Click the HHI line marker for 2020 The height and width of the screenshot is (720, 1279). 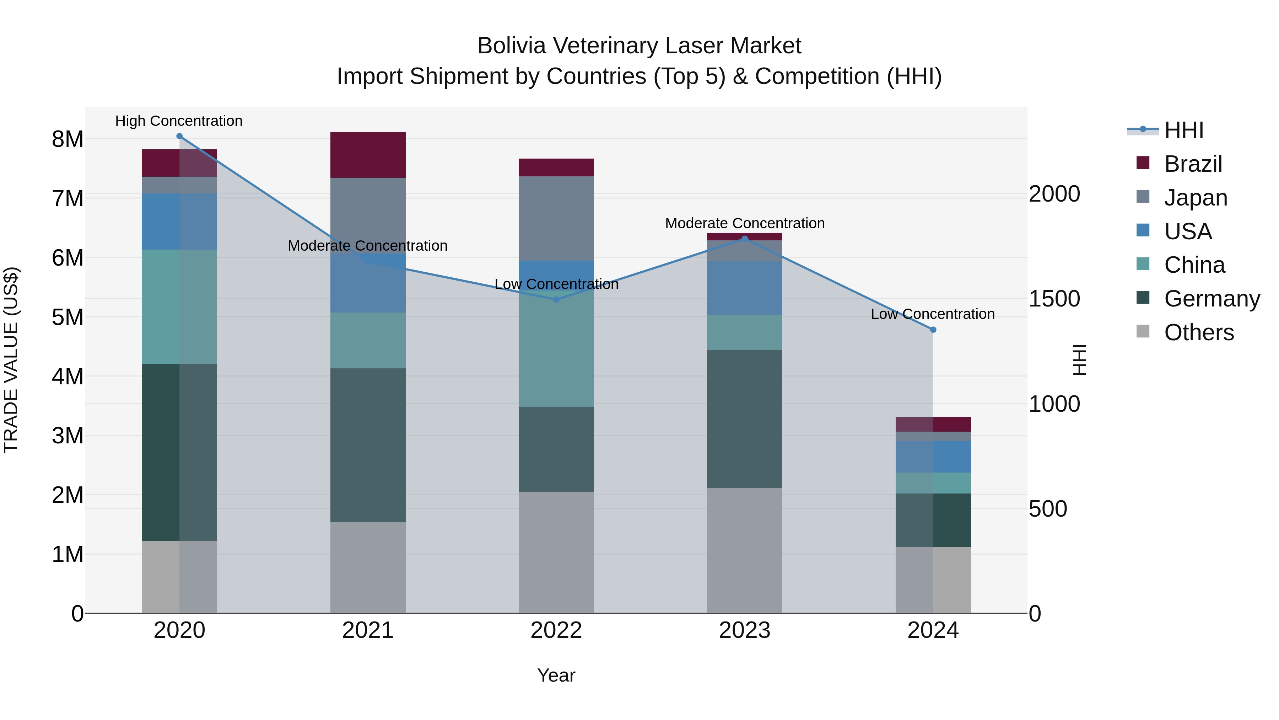click(179, 136)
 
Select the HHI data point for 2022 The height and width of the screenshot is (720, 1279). click(556, 300)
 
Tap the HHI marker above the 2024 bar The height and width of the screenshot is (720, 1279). click(933, 330)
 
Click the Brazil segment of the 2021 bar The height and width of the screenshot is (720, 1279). click(368, 155)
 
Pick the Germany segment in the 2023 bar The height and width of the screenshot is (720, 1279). click(744, 419)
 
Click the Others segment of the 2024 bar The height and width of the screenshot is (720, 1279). click(933, 580)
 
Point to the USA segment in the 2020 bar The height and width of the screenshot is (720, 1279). click(179, 222)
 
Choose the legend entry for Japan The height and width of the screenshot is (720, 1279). click(1195, 198)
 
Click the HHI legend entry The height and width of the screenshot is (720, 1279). click(1183, 130)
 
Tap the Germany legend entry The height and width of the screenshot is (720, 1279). click(1211, 299)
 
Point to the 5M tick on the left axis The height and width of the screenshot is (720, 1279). click(68, 317)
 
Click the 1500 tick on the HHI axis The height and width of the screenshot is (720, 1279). click(1054, 299)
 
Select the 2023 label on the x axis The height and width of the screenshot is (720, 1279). click(744, 630)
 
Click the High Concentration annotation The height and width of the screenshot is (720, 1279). click(179, 121)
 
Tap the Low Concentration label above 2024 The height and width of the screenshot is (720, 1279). click(933, 314)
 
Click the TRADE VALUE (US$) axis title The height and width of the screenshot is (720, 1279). click(11, 360)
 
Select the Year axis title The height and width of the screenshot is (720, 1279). click(556, 675)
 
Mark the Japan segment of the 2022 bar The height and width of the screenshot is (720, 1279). click(556, 219)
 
